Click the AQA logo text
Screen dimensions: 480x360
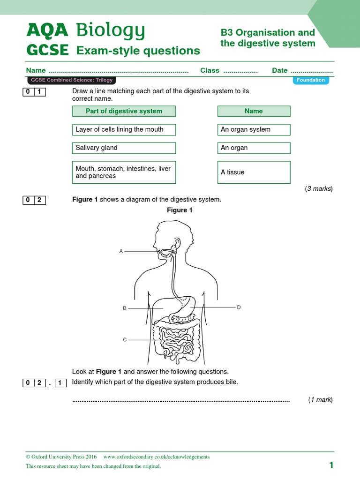(47, 31)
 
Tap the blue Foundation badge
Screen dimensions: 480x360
(311, 80)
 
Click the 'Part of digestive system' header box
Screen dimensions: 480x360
(124, 111)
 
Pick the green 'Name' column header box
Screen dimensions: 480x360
(254, 111)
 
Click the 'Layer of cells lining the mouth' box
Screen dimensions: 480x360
(124, 129)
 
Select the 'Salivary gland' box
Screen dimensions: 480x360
(124, 148)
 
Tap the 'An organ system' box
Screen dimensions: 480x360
(254, 129)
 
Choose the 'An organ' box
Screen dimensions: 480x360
(254, 148)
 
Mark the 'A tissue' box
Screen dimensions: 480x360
(254, 172)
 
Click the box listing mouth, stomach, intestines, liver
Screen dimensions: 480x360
(124, 172)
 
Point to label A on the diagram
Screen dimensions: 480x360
(121, 252)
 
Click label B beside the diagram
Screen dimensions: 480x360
(125, 308)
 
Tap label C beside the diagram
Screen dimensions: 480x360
(125, 340)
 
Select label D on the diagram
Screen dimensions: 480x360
(239, 307)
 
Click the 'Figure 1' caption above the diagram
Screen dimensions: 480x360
(180, 210)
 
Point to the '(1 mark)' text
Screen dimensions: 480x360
(320, 400)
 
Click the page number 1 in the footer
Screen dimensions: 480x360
(331, 465)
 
